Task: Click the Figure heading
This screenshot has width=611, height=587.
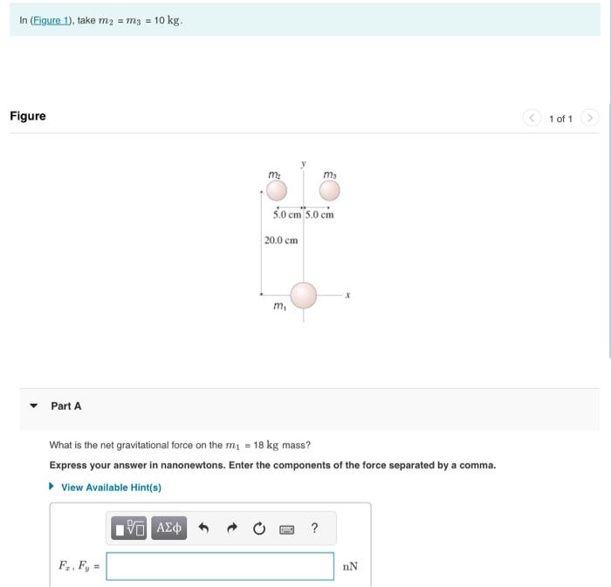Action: pyautogui.click(x=28, y=116)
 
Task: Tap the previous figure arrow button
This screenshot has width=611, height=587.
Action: pyautogui.click(x=532, y=118)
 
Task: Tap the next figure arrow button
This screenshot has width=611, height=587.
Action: pyautogui.click(x=591, y=118)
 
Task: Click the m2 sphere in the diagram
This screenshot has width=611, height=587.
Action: pyautogui.click(x=275, y=191)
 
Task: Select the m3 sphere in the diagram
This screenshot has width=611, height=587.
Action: pyautogui.click(x=329, y=191)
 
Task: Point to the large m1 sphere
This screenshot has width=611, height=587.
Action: pyautogui.click(x=303, y=296)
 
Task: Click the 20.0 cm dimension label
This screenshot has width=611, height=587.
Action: pyautogui.click(x=281, y=240)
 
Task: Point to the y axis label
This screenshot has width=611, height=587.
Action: pyautogui.click(x=304, y=163)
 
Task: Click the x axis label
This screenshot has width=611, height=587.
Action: pyautogui.click(x=347, y=296)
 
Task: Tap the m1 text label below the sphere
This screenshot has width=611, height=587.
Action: pyautogui.click(x=279, y=306)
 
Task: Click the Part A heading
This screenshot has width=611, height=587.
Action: pyautogui.click(x=66, y=406)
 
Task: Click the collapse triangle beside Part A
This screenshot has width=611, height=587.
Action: pyautogui.click(x=34, y=406)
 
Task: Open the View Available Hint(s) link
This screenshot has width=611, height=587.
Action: pyautogui.click(x=111, y=488)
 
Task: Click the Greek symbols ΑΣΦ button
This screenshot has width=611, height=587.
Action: pyautogui.click(x=168, y=528)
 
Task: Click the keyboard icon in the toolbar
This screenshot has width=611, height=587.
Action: pyautogui.click(x=286, y=528)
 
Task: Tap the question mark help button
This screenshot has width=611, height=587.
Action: pyautogui.click(x=314, y=528)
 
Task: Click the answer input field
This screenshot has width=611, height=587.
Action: pyautogui.click(x=220, y=566)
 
